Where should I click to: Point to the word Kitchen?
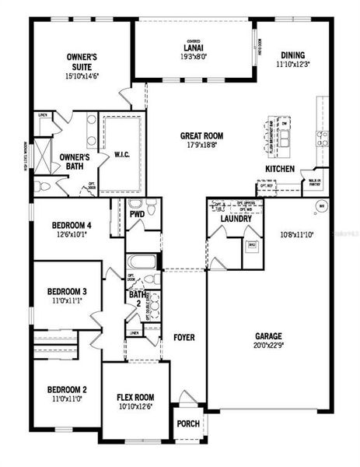click(x=280, y=169)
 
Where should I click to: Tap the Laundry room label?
click(x=236, y=219)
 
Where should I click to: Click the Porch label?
click(x=188, y=424)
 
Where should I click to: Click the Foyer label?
click(x=183, y=338)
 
